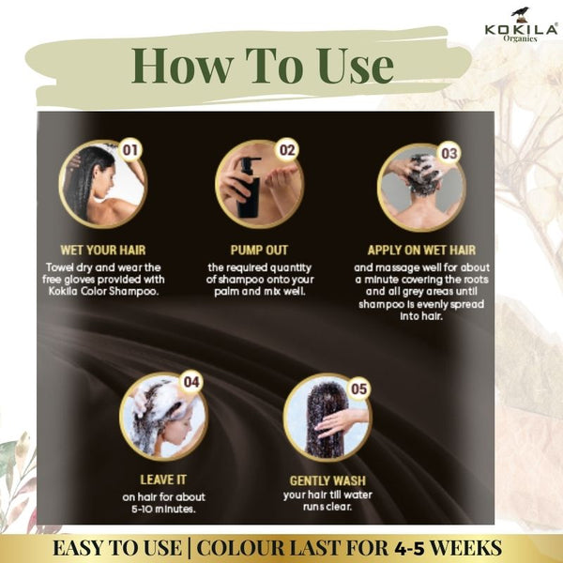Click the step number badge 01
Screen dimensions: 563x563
pos(130,150)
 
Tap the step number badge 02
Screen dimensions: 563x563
pos(287,150)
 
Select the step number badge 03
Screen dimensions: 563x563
pos(449,154)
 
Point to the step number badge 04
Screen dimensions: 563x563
pos(191,381)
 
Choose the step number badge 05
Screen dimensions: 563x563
pos(359,388)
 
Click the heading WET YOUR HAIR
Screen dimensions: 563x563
pos(103,250)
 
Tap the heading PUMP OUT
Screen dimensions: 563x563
pos(259,250)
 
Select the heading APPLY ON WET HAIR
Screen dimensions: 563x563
pos(421,250)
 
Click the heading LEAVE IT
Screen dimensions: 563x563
pos(163,479)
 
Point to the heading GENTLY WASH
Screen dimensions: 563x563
pos(327,480)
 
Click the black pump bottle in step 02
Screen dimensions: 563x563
pos(249,188)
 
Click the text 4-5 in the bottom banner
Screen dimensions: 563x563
pos(409,548)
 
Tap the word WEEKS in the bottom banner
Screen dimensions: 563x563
pos(465,548)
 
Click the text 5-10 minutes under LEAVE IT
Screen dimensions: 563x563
pos(163,510)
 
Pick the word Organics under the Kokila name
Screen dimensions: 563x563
pos(520,38)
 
